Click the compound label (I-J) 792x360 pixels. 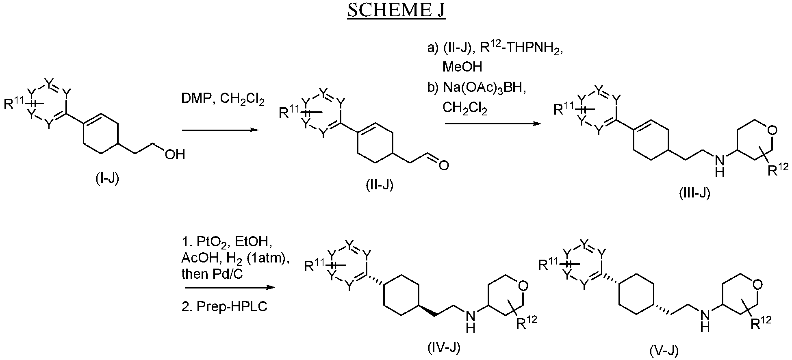[x=107, y=178]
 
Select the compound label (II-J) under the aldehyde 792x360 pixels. [x=379, y=186]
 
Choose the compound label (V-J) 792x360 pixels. [x=663, y=350]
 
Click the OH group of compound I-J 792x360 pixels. [x=174, y=154]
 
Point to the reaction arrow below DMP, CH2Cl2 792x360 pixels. [x=220, y=130]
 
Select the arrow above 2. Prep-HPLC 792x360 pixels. [x=228, y=288]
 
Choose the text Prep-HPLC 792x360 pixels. [x=232, y=306]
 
